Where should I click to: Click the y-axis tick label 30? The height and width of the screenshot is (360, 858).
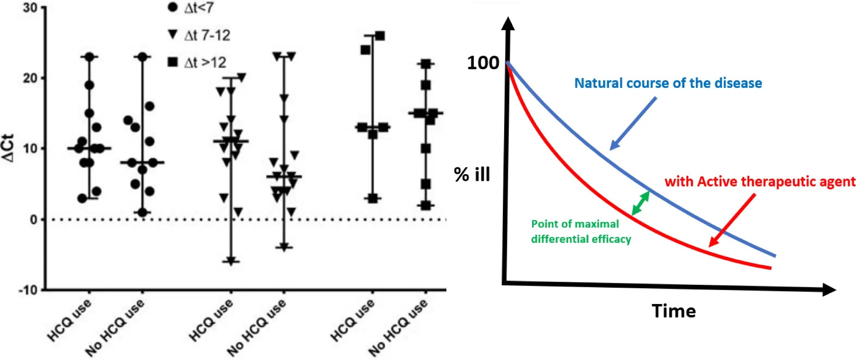[30, 8]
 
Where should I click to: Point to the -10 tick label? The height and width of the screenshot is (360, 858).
[28, 290]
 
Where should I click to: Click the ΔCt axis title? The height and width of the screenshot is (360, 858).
[8, 148]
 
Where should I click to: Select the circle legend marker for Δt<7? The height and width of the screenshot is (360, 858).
[172, 7]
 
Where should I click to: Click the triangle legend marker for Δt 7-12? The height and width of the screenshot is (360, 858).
[172, 34]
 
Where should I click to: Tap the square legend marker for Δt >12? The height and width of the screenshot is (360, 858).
[172, 62]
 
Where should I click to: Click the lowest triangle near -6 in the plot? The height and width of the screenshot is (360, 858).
[231, 262]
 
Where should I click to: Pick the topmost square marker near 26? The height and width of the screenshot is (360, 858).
[380, 36]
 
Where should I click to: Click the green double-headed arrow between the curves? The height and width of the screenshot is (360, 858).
[641, 203]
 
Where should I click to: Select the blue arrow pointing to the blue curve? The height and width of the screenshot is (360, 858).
[633, 124]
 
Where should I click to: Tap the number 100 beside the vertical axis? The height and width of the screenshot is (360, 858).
[483, 63]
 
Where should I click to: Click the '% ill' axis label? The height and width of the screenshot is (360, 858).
[472, 174]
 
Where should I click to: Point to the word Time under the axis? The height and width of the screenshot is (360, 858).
[674, 311]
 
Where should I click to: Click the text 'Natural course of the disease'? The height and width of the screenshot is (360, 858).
[668, 83]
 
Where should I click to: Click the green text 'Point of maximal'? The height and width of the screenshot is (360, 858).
[575, 224]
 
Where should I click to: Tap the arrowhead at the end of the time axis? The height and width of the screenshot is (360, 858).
[829, 290]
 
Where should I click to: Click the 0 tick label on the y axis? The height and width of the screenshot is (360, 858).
[34, 219]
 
